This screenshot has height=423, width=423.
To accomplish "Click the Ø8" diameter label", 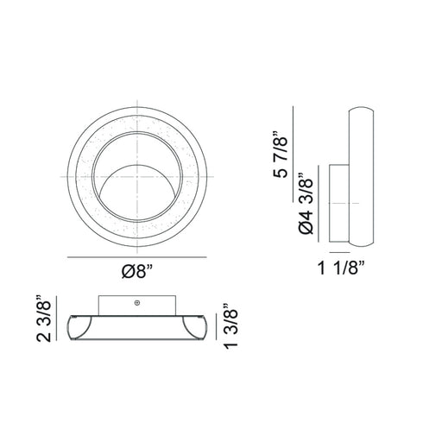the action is [x=137, y=271].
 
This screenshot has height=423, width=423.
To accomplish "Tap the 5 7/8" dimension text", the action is [x=281, y=155].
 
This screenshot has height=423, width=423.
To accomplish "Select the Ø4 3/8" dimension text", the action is [x=306, y=204].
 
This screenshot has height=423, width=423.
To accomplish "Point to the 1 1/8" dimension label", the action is [x=341, y=268].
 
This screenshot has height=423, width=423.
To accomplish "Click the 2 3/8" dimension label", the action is [x=44, y=319].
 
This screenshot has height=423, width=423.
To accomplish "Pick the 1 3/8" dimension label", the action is [x=230, y=326].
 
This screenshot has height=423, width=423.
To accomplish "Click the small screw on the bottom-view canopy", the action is [x=137, y=302].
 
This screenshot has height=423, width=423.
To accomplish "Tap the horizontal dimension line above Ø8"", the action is [x=137, y=257].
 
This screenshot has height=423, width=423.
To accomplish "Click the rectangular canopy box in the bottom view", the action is [x=137, y=306].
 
